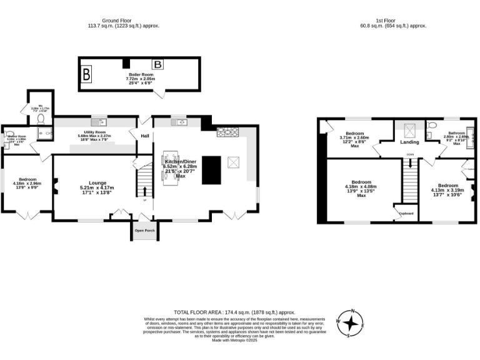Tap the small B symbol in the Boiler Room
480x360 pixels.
pos(158,64)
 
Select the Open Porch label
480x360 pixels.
pos(144,231)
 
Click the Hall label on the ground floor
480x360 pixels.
pos(144,135)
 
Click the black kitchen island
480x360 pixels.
pos(212,170)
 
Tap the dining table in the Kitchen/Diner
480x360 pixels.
pos(171,167)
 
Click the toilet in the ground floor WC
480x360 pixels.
pos(40,117)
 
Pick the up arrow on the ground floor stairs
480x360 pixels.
pos(145,191)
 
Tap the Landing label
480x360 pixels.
pos(409,142)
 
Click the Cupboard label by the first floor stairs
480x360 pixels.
pos(406,213)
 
